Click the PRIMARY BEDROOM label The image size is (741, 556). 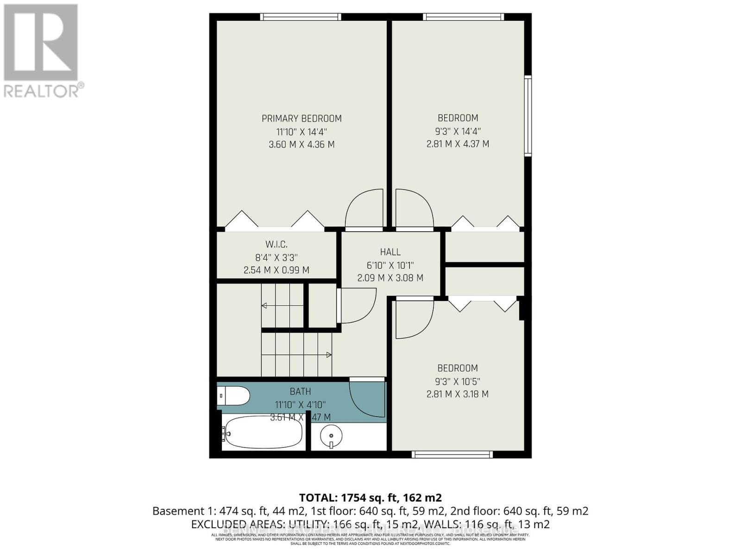pyautogui.click(x=301, y=119)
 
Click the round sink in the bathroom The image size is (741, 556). pyautogui.click(x=331, y=436)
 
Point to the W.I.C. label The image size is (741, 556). pyautogui.click(x=276, y=244)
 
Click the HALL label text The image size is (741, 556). pyautogui.click(x=390, y=252)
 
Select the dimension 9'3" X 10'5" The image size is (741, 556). pyautogui.click(x=457, y=382)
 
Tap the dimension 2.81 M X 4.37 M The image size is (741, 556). pyautogui.click(x=458, y=144)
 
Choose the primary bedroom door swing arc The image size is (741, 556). pyautogui.click(x=365, y=208)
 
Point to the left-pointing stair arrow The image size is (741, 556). pyautogui.click(x=264, y=305)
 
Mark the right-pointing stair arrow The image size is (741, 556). pyautogui.click(x=329, y=355)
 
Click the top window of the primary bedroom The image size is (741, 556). pyautogui.click(x=301, y=17)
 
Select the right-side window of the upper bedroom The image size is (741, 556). pyautogui.click(x=527, y=116)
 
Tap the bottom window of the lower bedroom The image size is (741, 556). pyautogui.click(x=452, y=455)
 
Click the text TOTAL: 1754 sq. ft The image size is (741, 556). pyautogui.click(x=348, y=498)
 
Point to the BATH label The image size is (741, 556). pyautogui.click(x=300, y=392)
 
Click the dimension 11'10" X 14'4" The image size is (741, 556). pyautogui.click(x=301, y=132)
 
